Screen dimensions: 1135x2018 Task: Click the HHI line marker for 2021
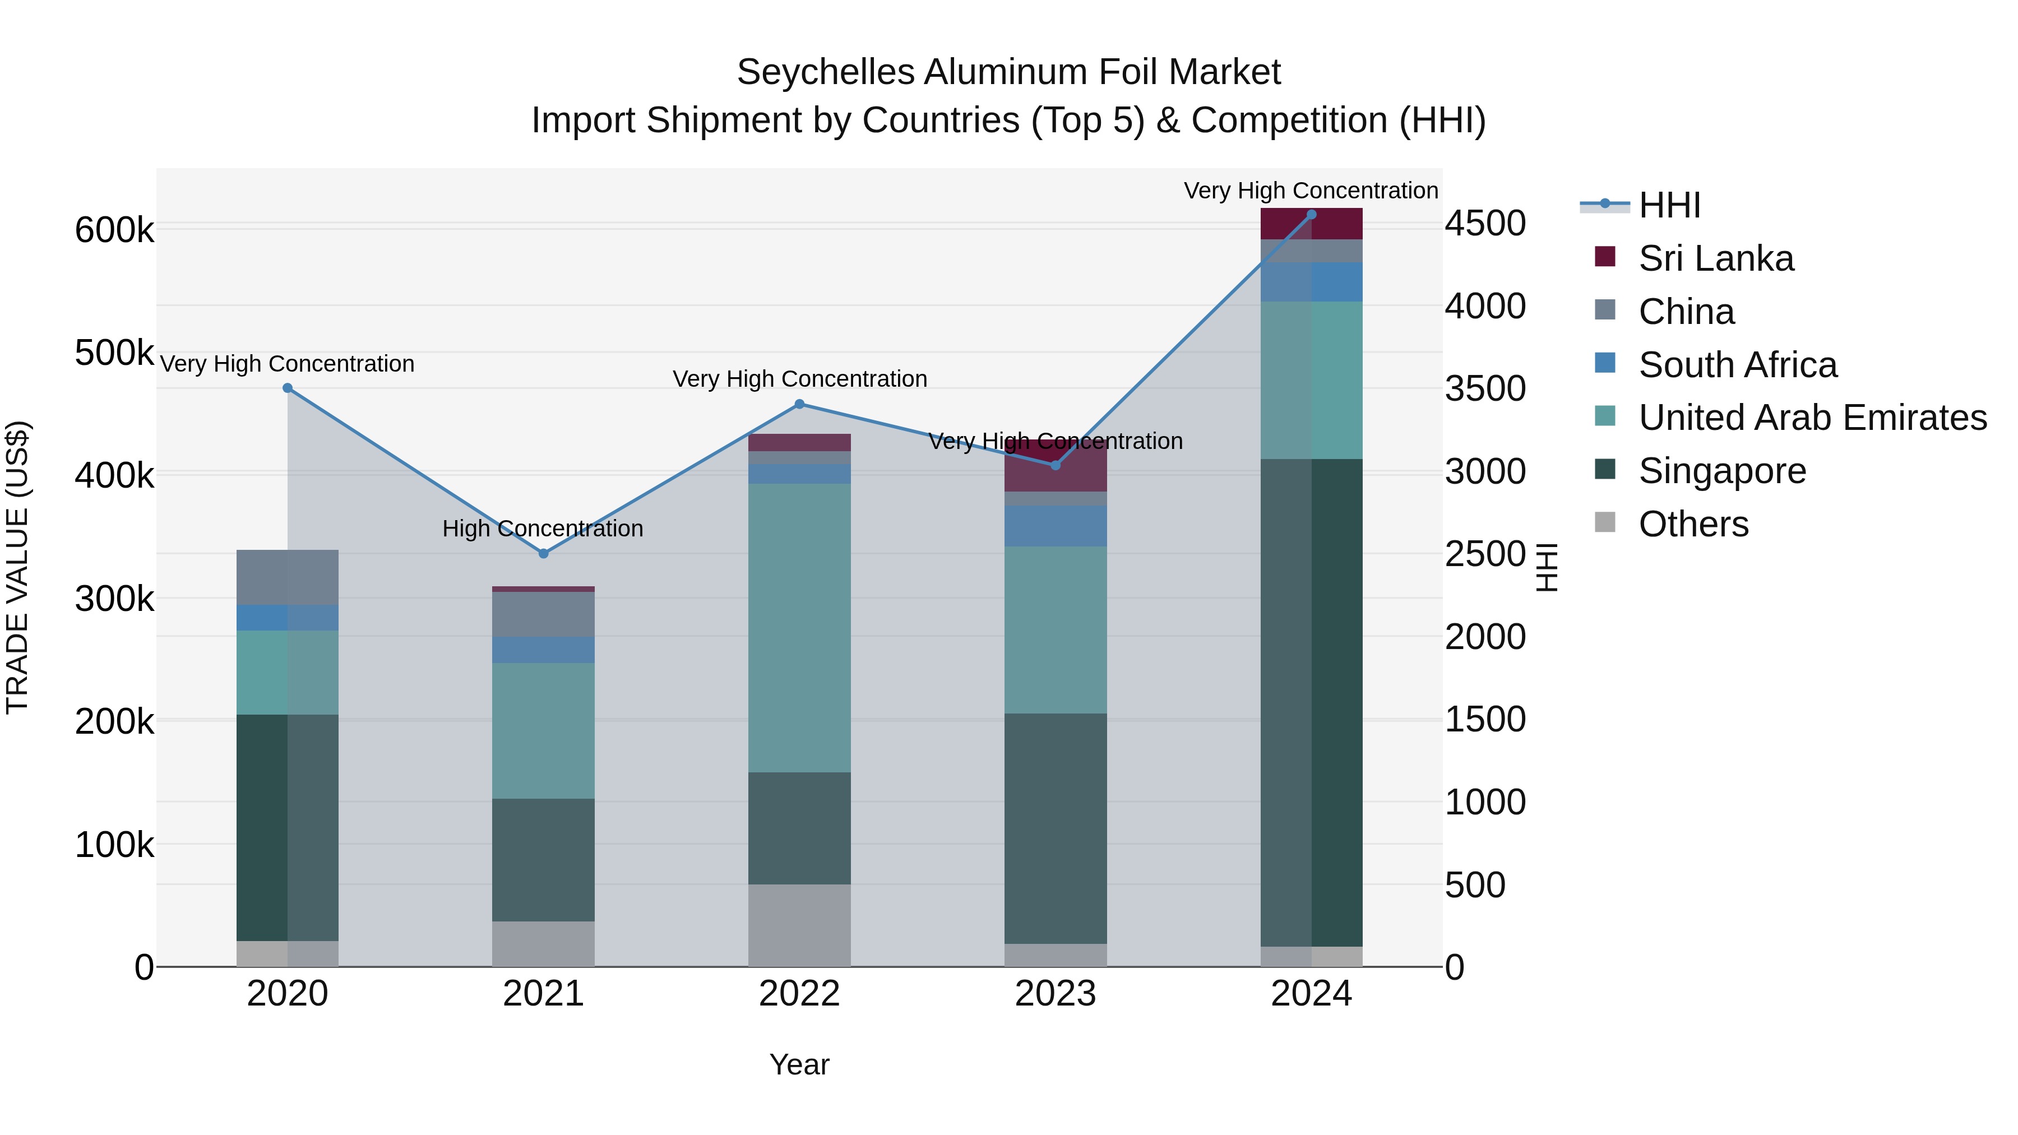click(544, 554)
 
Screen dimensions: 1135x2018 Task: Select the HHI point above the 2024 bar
click(1311, 215)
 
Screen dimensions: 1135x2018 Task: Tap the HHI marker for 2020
click(288, 388)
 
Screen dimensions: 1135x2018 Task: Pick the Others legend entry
click(1693, 524)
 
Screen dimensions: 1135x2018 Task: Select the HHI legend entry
click(1669, 205)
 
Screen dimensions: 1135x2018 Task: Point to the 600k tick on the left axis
click(114, 230)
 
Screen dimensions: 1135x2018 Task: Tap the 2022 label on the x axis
click(799, 994)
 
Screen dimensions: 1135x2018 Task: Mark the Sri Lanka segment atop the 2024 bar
click(1311, 224)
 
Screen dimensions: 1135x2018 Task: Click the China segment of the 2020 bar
click(288, 577)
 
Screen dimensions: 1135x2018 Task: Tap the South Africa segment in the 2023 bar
click(1055, 526)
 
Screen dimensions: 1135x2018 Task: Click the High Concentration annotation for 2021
click(543, 529)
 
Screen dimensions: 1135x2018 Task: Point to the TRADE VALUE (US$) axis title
click(17, 567)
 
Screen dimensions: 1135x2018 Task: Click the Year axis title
click(799, 1064)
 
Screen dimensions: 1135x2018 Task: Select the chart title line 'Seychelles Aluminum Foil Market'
click(1008, 72)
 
